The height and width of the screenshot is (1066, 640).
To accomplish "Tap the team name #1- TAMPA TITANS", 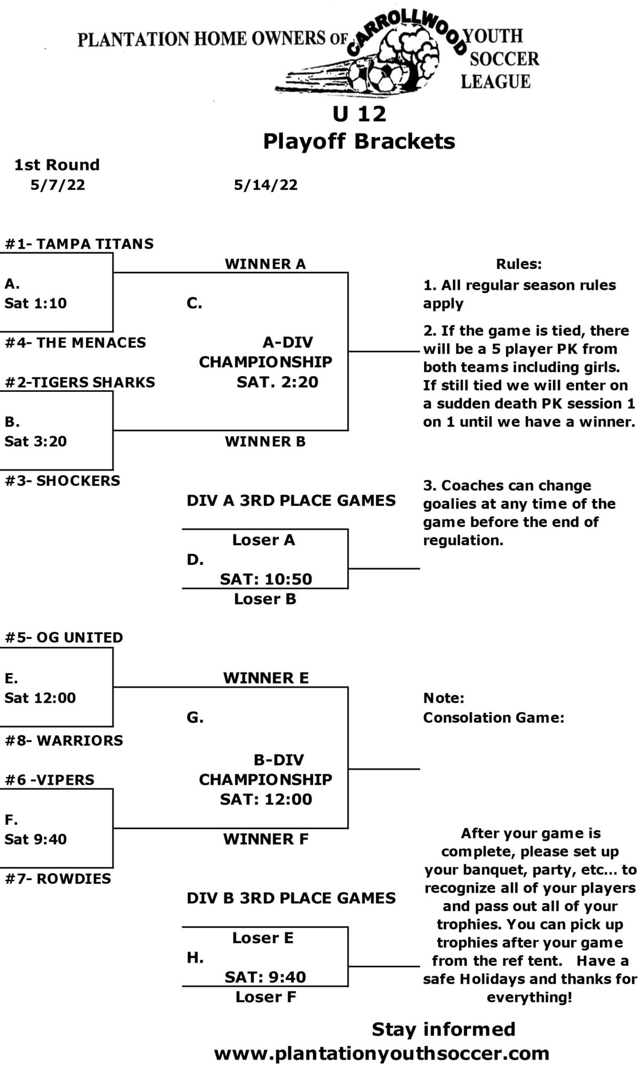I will pos(79,244).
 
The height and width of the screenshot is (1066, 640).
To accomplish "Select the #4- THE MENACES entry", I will pos(75,343).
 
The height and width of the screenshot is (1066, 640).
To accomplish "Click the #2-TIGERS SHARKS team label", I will pos(80,382).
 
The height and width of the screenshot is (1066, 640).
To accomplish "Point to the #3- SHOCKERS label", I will pos(62,480).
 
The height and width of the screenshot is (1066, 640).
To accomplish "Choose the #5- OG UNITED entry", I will pos(64,637).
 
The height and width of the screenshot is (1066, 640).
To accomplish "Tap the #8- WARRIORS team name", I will pos(64,740).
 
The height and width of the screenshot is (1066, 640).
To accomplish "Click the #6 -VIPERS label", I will pos(50,780).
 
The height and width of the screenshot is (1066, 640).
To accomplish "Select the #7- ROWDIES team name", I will pos(58,879).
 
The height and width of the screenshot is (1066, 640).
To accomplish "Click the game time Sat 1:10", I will pos(36,303).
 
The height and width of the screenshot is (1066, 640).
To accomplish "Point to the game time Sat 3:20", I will pos(36,441).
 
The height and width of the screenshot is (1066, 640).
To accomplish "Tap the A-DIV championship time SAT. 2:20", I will pos(277,382).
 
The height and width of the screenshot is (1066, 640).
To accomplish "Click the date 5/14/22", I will pos(266,185).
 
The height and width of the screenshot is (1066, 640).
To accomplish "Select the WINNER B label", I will pos(265,441).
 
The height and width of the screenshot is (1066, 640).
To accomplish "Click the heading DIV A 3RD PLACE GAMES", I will pos(291,501).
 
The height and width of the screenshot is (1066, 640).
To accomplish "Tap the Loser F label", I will pos(266,997).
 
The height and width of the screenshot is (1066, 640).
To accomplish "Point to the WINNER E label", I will pos(266,678).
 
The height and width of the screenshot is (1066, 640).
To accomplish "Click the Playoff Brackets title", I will pos(359,141).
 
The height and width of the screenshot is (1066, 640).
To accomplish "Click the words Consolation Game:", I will pos(493,718).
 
